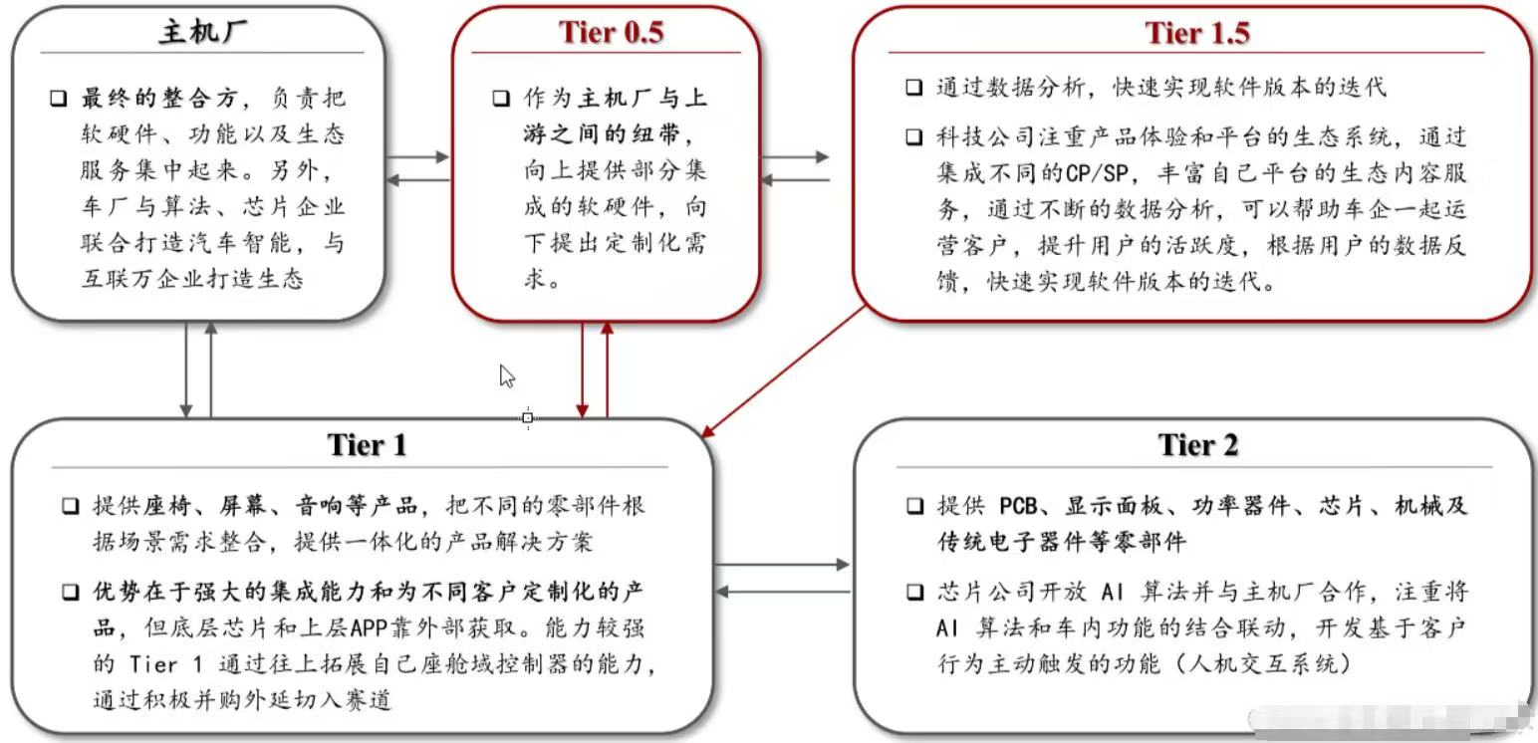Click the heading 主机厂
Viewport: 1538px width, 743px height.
[x=203, y=32]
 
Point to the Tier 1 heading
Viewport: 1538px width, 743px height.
[x=368, y=444]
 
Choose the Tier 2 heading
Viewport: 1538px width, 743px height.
[x=1197, y=444]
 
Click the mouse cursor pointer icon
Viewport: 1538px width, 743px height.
[x=507, y=376]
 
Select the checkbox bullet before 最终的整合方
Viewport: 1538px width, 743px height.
[x=59, y=99]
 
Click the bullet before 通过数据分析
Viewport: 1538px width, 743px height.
[x=913, y=87]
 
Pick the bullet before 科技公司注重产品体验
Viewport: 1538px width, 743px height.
[x=913, y=137]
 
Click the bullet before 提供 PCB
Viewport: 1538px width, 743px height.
[x=913, y=506]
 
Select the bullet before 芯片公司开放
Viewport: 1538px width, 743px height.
[x=913, y=593]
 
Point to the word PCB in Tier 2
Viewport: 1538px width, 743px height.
[x=1020, y=506]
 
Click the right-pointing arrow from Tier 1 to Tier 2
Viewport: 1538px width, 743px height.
[x=782, y=565]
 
